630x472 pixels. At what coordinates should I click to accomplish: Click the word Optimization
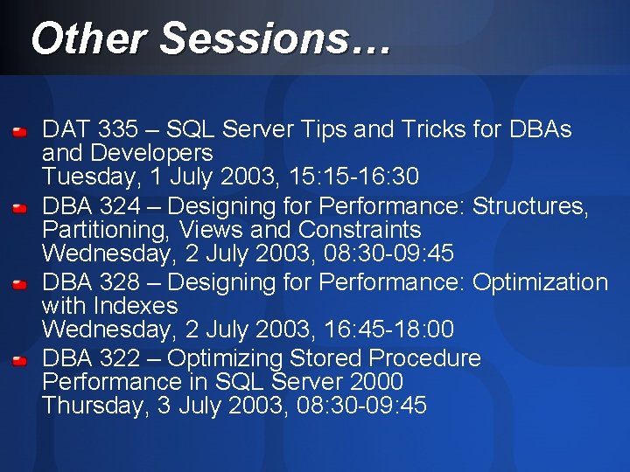pos(540,282)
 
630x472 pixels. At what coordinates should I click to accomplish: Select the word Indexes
pos(136,306)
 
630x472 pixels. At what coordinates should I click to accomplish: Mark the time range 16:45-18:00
pos(381,330)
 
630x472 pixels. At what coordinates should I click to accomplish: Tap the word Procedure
pos(425,358)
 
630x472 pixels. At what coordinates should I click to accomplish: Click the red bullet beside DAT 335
pos(21,133)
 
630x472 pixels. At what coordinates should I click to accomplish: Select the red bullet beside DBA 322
pos(21,361)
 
